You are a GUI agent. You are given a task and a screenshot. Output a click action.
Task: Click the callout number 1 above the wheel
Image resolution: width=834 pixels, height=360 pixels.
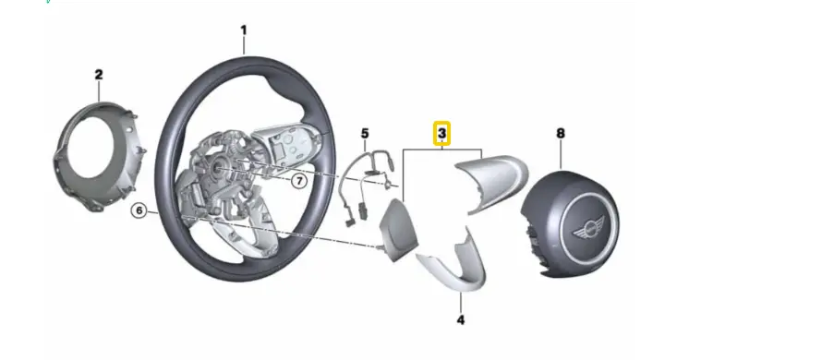244,30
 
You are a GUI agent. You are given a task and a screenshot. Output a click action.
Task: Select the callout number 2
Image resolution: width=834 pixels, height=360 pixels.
99,73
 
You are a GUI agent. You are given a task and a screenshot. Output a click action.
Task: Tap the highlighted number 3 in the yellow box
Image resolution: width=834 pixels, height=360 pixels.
443,134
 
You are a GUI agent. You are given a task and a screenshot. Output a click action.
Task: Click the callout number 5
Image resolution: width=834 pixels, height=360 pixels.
364,133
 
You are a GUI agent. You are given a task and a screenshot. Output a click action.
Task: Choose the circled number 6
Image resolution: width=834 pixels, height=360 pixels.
139,211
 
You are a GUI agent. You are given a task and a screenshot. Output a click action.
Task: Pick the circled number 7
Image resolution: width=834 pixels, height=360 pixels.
299,181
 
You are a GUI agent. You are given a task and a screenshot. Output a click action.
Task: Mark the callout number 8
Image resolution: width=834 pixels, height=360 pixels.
560,133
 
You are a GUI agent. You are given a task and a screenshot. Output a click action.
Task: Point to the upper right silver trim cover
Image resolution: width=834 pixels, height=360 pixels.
494,181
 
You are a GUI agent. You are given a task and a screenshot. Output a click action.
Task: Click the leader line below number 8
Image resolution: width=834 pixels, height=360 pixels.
560,153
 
